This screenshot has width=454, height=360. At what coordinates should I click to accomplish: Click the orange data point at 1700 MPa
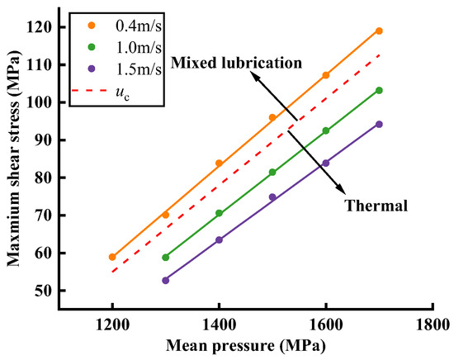pyautogui.click(x=379, y=31)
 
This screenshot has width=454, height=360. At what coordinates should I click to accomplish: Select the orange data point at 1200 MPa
pyautogui.click(x=112, y=257)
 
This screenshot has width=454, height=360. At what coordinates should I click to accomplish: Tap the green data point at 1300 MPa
pyautogui.click(x=166, y=257)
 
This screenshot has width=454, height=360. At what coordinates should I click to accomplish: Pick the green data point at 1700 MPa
pyautogui.click(x=379, y=90)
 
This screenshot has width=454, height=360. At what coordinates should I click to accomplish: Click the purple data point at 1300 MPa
pyautogui.click(x=166, y=280)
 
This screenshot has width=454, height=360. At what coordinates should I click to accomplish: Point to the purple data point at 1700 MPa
pyautogui.click(x=379, y=124)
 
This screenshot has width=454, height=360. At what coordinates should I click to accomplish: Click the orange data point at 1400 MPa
pyautogui.click(x=219, y=163)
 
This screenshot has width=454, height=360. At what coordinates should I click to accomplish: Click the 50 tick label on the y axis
pyautogui.click(x=44, y=291)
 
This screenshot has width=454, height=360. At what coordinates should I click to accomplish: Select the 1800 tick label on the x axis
pyautogui.click(x=432, y=324)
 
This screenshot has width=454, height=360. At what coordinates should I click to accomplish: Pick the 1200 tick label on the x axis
pyautogui.click(x=112, y=324)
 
